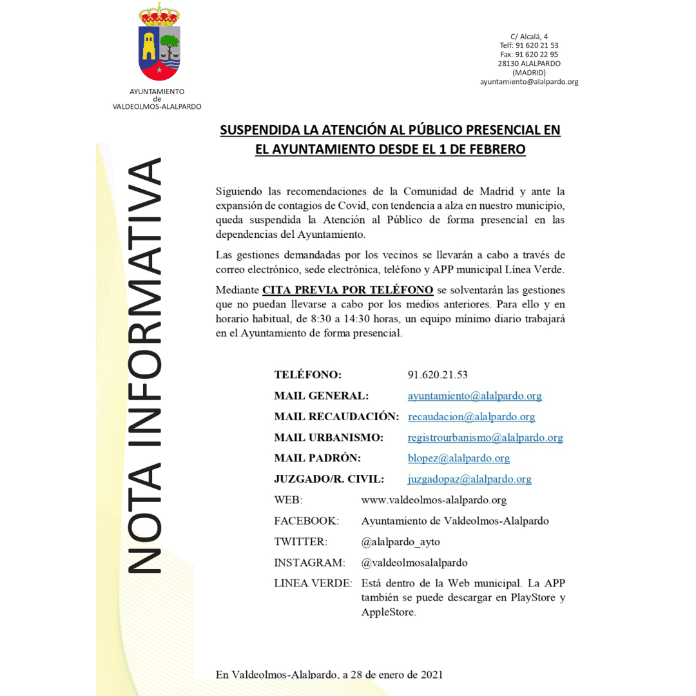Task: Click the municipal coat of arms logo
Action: [159, 44]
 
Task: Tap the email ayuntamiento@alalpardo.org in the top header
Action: [528, 82]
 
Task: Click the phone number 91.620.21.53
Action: [438, 375]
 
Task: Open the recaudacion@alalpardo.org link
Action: [471, 417]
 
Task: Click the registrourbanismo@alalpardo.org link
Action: [485, 438]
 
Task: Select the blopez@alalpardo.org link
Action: [458, 458]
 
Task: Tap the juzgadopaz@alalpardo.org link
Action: [469, 479]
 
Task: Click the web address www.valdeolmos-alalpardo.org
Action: [434, 500]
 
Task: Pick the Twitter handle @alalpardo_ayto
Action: [400, 542]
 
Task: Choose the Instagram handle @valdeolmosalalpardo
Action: [414, 563]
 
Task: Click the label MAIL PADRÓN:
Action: [317, 458]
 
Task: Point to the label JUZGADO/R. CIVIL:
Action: [329, 479]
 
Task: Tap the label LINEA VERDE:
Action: [313, 583]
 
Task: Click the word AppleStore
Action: [388, 612]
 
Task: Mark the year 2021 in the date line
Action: [431, 675]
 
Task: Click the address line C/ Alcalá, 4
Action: [528, 37]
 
